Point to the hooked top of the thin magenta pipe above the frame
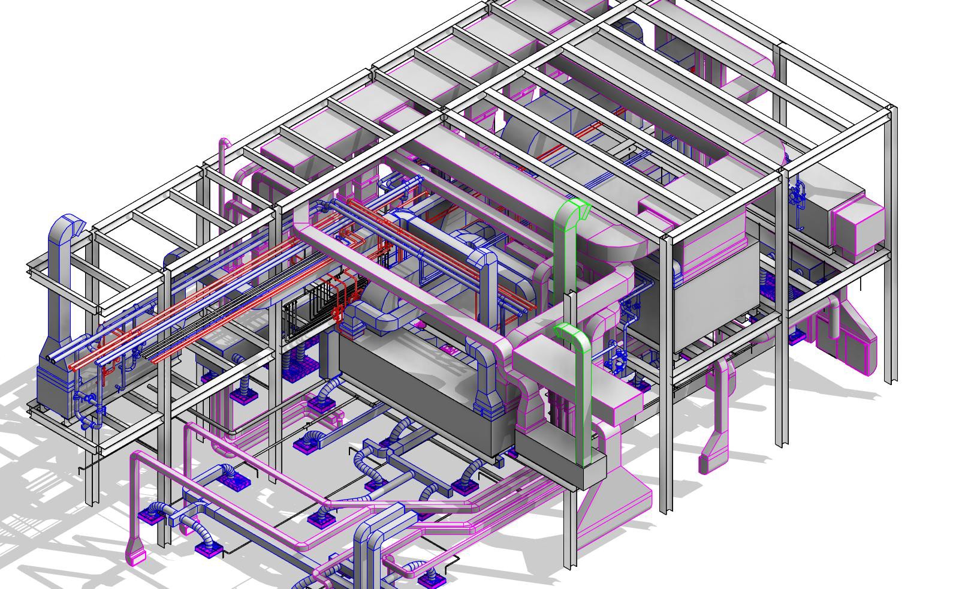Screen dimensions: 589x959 tap(224, 144)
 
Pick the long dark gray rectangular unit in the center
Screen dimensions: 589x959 tap(420, 390)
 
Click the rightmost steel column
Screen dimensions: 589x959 tap(891, 240)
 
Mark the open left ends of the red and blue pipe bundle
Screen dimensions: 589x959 tap(60, 360)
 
